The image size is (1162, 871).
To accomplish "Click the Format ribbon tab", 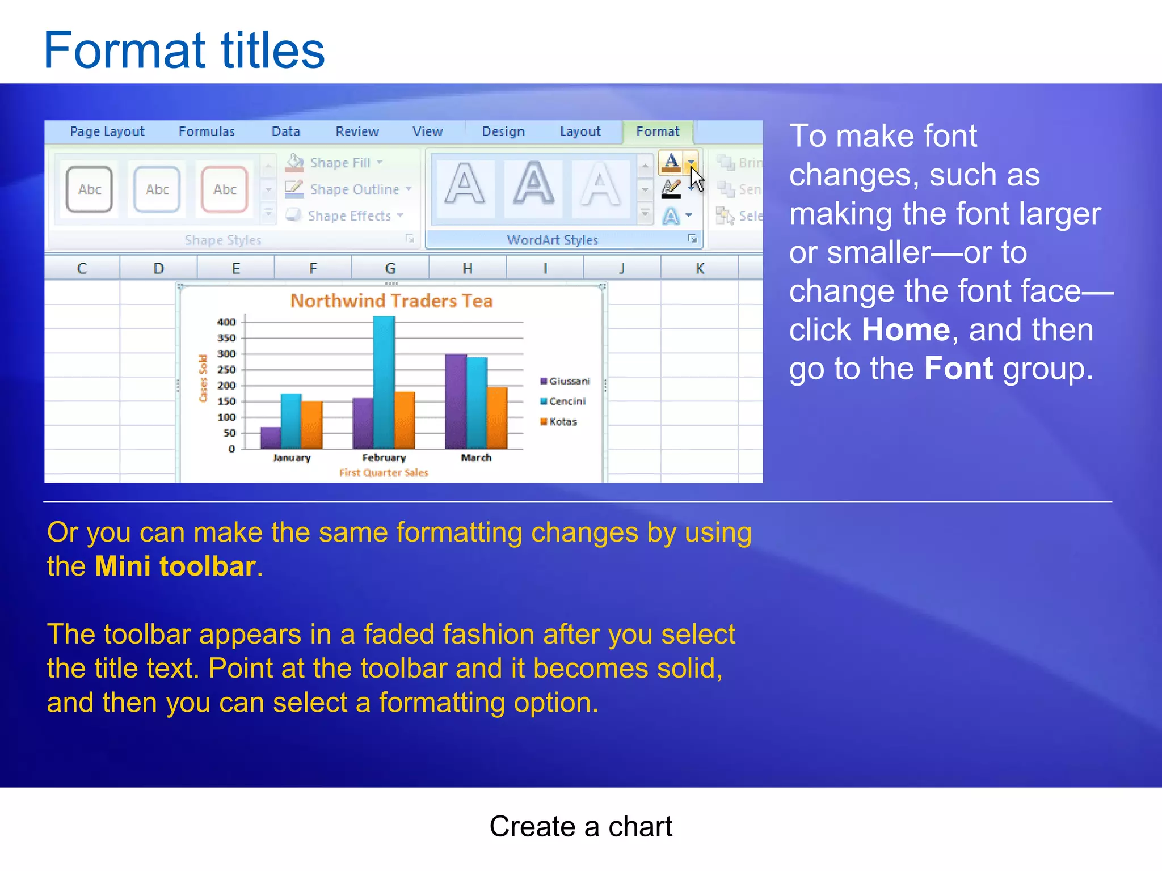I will (657, 132).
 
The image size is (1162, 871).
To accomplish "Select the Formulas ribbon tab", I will (207, 132).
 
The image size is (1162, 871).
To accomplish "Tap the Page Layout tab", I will (107, 132).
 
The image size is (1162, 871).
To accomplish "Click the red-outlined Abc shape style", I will (225, 189).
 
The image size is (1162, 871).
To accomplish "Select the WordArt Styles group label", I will (552, 240).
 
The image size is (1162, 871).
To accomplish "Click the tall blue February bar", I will (384, 380).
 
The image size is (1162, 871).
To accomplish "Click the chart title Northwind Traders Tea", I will (391, 301).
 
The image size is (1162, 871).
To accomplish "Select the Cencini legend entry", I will (566, 401).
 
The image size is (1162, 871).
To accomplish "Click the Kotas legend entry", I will (562, 422).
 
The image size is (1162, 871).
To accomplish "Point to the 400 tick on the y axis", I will (226, 322).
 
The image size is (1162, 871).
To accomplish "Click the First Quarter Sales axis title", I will (384, 472).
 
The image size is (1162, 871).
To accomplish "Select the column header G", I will (390, 268).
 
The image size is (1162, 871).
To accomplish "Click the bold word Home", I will (906, 330).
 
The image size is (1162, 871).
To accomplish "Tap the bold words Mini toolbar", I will (175, 566).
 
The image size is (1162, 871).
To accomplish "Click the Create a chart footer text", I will (580, 827).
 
